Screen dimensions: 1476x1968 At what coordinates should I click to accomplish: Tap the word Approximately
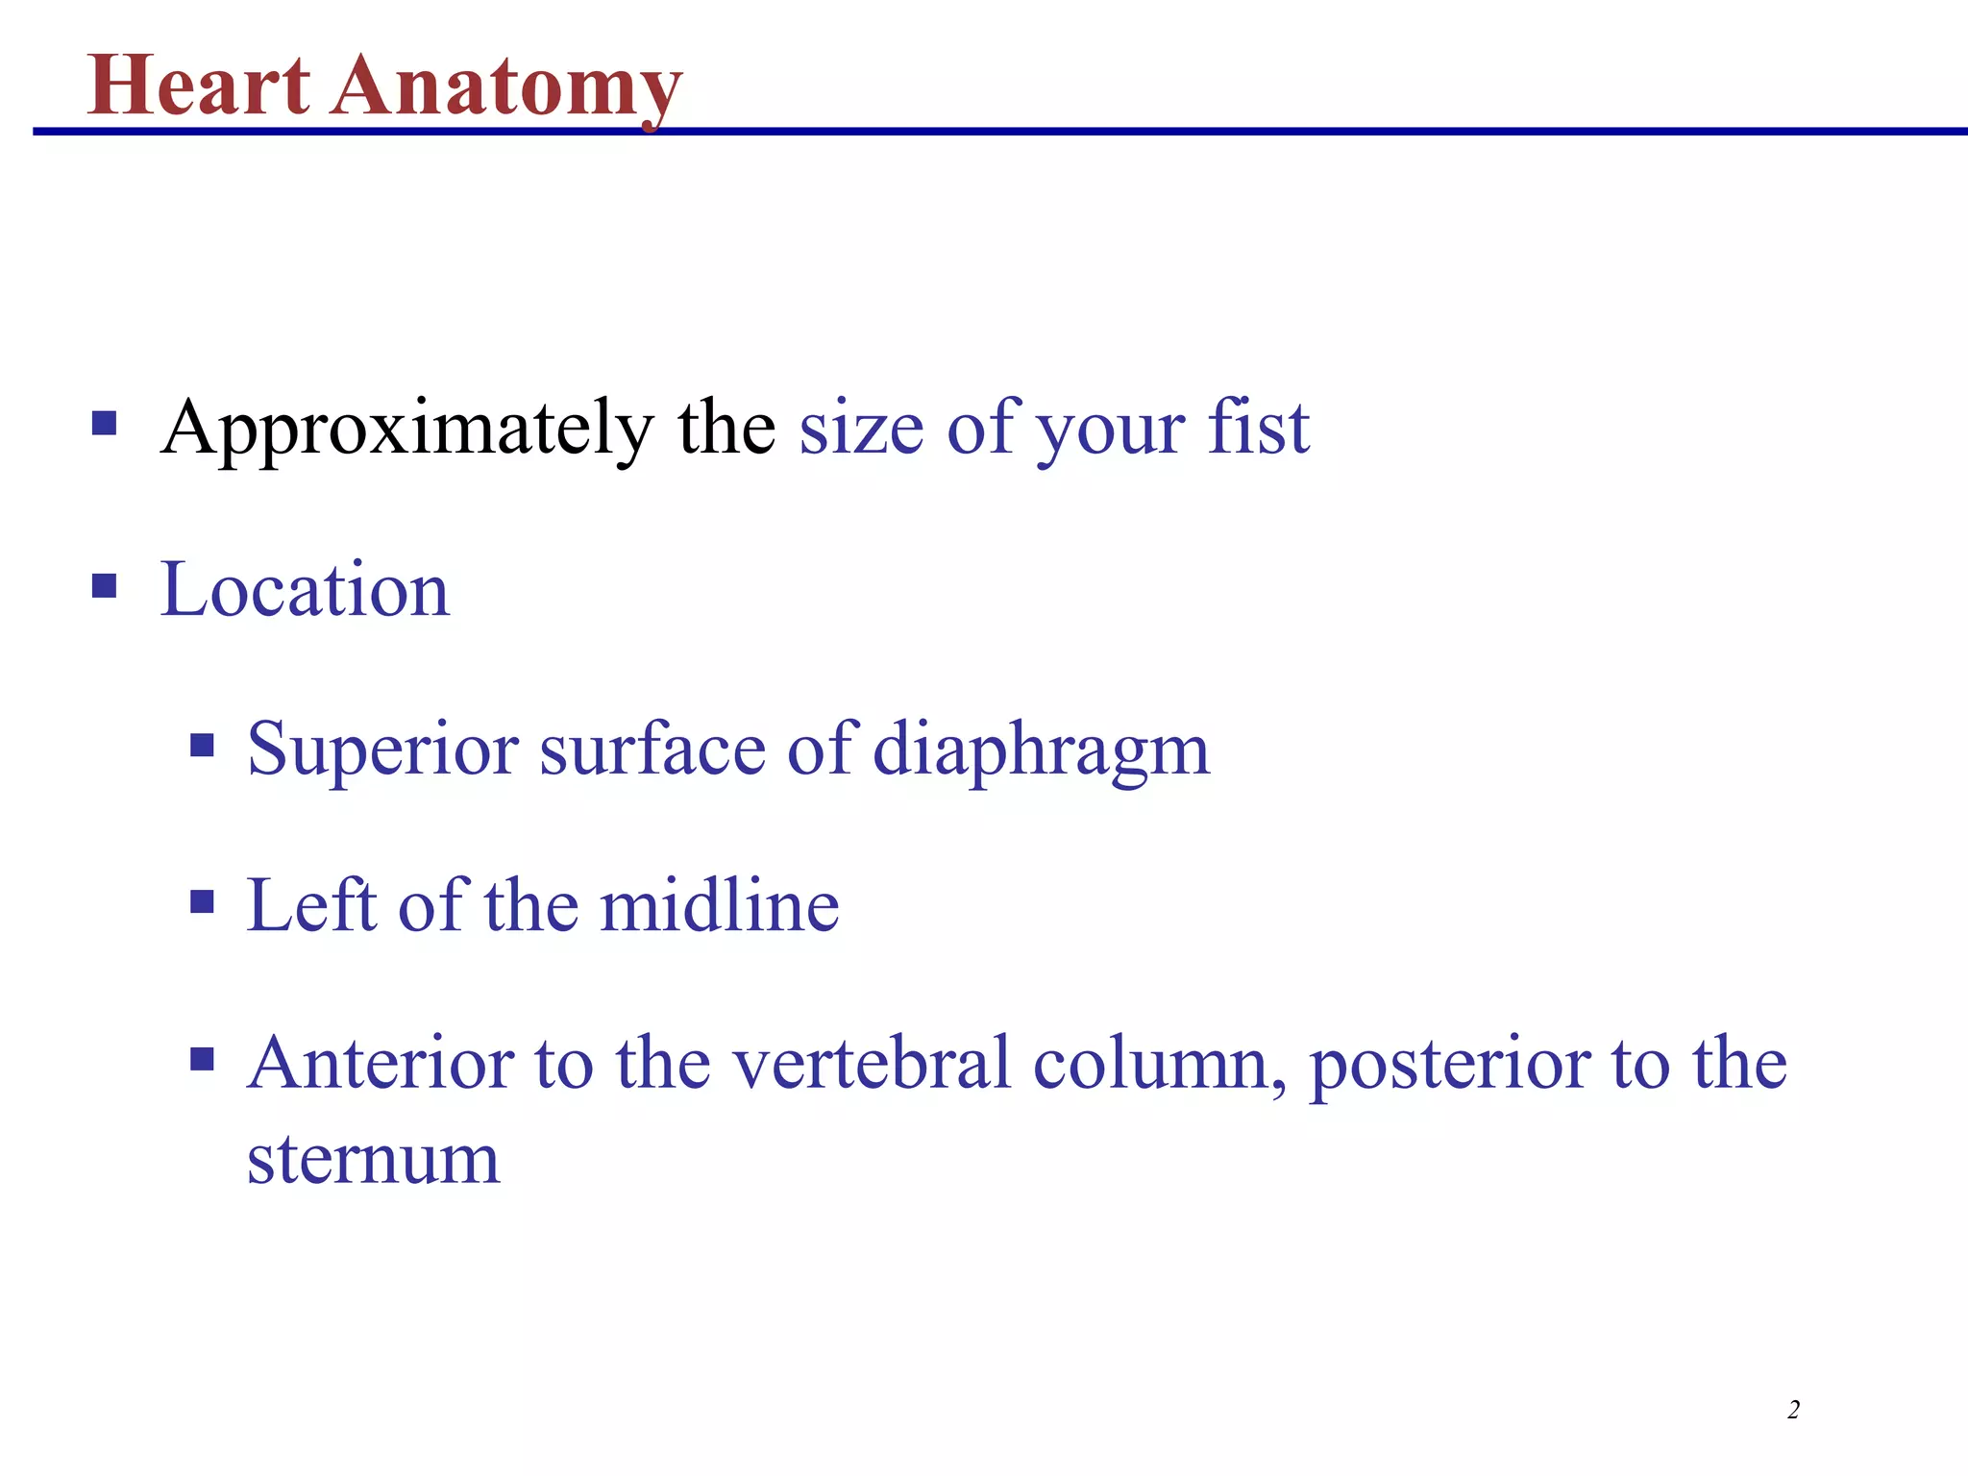pyautogui.click(x=407, y=429)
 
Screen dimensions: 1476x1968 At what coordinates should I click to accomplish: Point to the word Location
pyautogui.click(x=305, y=589)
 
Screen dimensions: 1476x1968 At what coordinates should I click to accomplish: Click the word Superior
pyautogui.click(x=382, y=750)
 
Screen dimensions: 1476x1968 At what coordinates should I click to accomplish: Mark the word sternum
pyautogui.click(x=373, y=1159)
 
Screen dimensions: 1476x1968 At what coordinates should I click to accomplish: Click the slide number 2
pyautogui.click(x=1793, y=1410)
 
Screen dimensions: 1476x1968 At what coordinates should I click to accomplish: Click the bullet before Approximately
pyautogui.click(x=105, y=424)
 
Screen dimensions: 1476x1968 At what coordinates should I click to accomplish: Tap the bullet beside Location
pyautogui.click(x=105, y=585)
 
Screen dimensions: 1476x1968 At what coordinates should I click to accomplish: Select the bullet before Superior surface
pyautogui.click(x=202, y=745)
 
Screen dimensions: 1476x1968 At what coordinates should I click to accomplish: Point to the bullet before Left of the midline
pyautogui.click(x=202, y=901)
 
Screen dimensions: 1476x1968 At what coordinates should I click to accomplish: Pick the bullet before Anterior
pyautogui.click(x=202, y=1059)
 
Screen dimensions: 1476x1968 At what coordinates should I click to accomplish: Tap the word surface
pyautogui.click(x=652, y=750)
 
